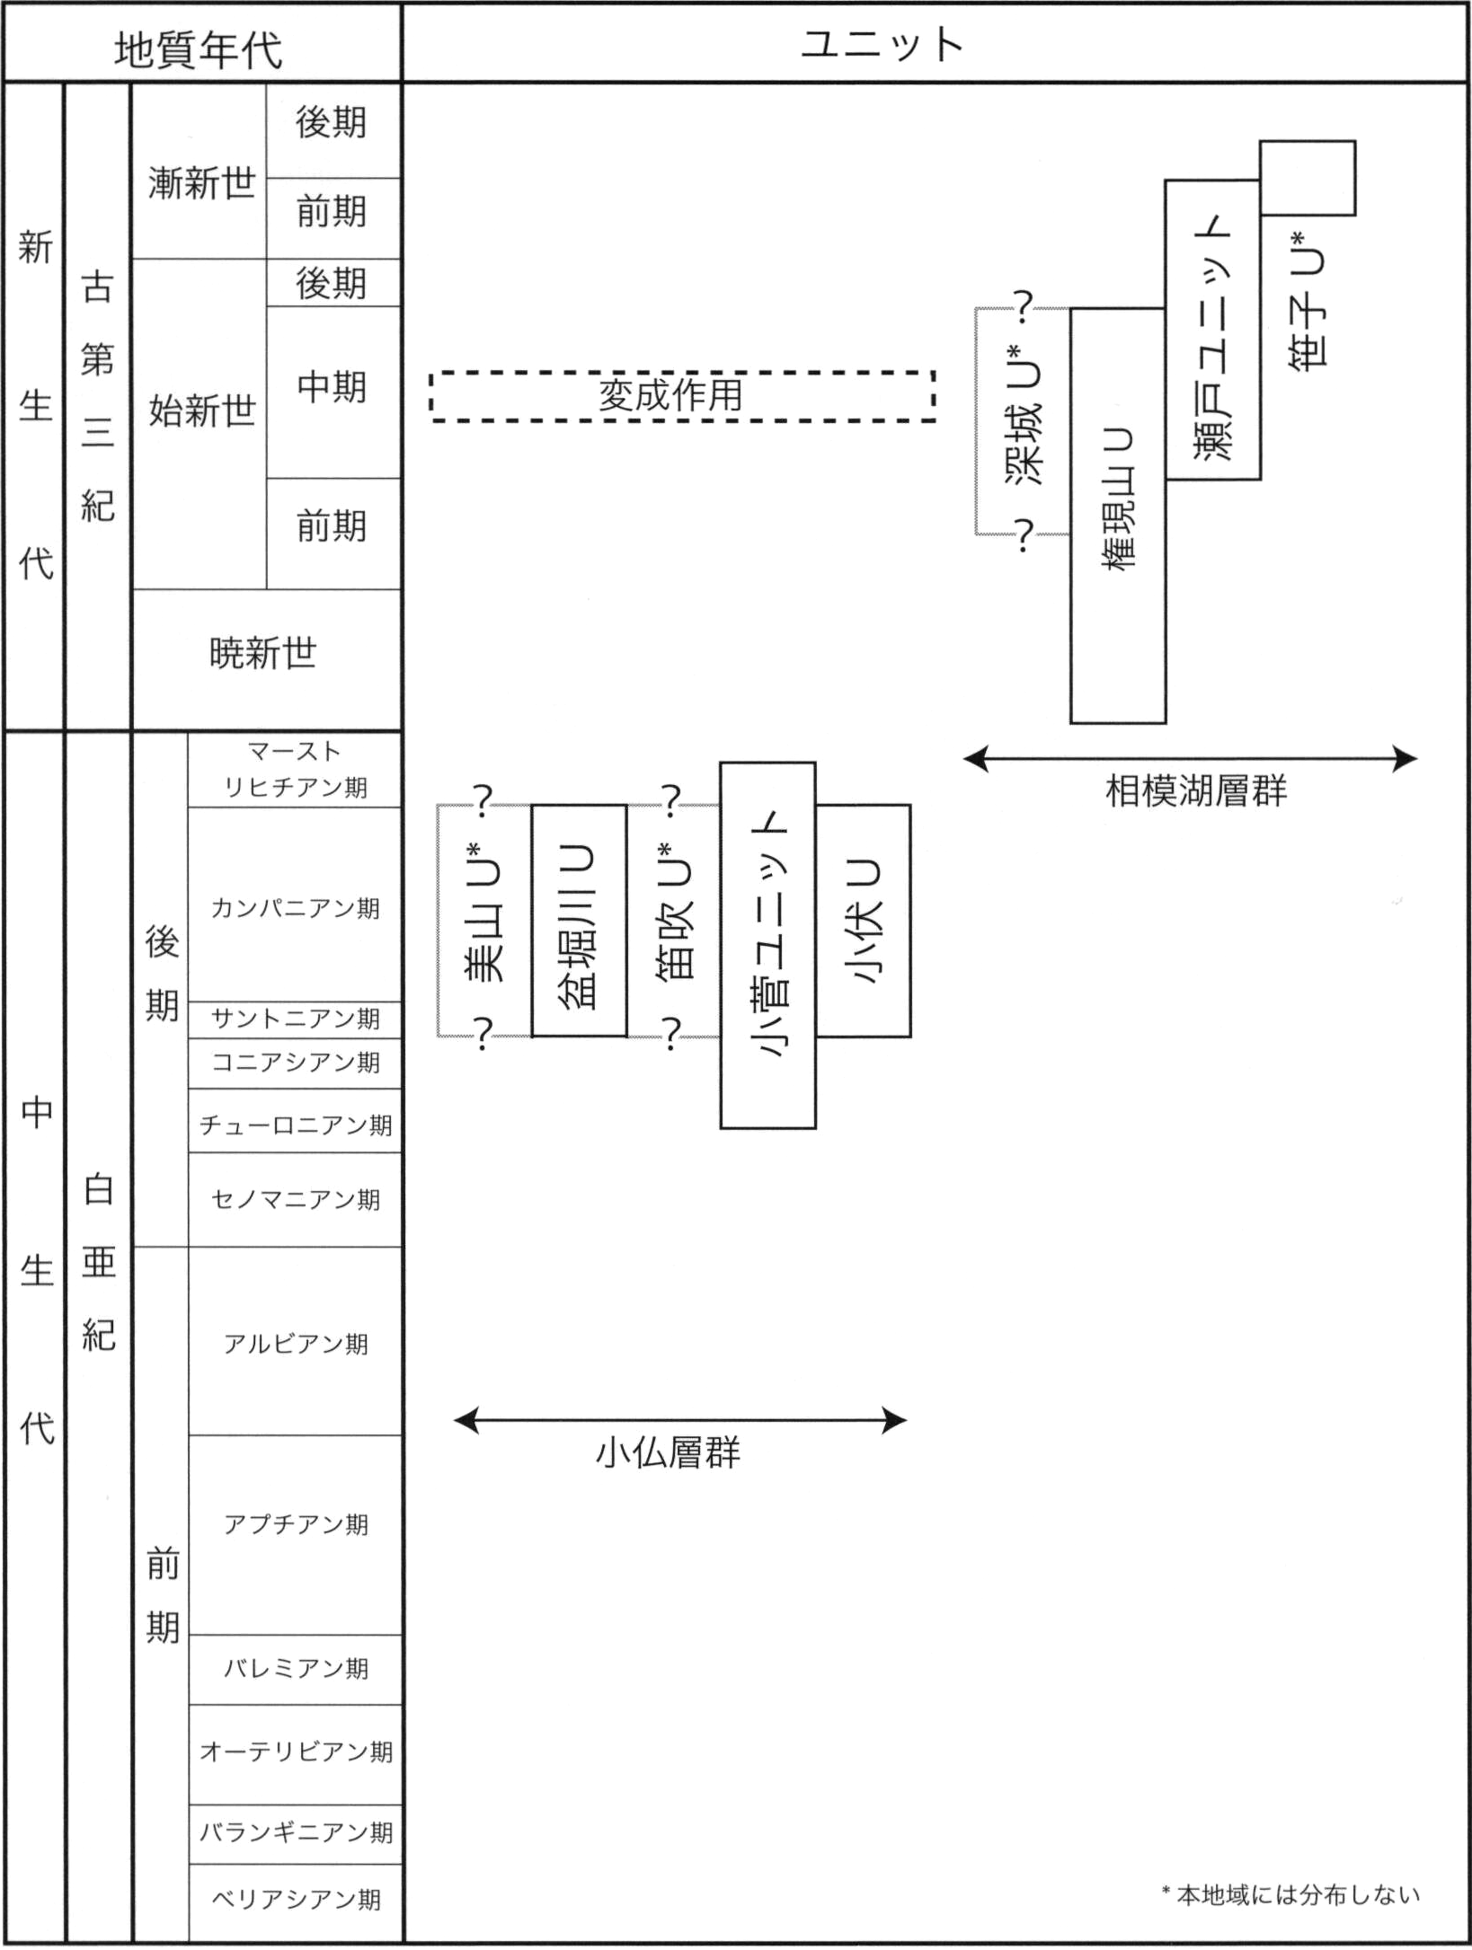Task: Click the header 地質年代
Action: pyautogui.click(x=199, y=49)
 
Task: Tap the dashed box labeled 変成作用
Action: pyautogui.click(x=683, y=395)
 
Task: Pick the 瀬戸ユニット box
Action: pyautogui.click(x=1212, y=330)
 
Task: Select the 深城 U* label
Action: pyautogui.click(x=1024, y=420)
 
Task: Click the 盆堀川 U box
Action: pyautogui.click(x=579, y=921)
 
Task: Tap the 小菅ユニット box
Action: pyautogui.click(x=767, y=945)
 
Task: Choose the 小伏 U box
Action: pyautogui.click(x=863, y=921)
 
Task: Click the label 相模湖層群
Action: pyautogui.click(x=1195, y=791)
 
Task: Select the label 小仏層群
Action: pyautogui.click(x=668, y=1452)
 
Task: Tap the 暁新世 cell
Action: pyautogui.click(x=264, y=654)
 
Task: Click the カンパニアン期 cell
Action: pyautogui.click(x=295, y=908)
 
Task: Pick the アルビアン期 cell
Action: pyautogui.click(x=295, y=1344)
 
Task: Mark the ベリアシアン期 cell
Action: pyautogui.click(x=295, y=1899)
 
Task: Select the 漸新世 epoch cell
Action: pyautogui.click(x=201, y=183)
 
